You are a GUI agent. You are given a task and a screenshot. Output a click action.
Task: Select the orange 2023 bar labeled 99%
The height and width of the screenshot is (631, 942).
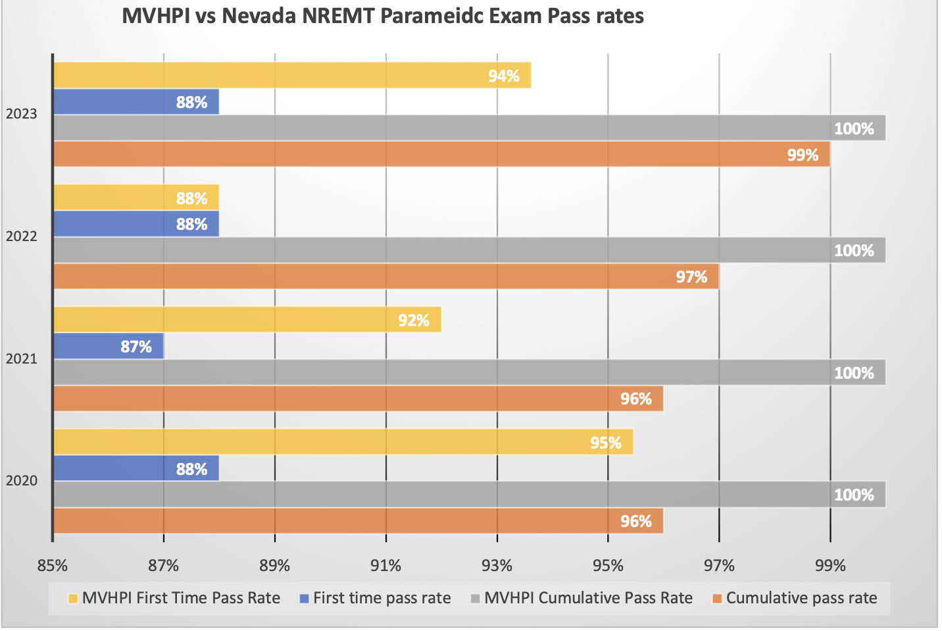(441, 154)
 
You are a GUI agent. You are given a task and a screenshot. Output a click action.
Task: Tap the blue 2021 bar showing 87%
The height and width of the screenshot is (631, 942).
(108, 346)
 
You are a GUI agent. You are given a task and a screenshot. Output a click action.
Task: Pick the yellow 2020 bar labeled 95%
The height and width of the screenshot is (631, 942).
(343, 442)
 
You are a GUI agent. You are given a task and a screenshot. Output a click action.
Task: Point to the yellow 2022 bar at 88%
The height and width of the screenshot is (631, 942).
(136, 198)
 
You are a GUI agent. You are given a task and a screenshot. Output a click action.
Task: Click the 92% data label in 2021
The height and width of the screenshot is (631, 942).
(413, 321)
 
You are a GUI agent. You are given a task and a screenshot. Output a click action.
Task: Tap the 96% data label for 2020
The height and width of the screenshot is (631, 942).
(635, 522)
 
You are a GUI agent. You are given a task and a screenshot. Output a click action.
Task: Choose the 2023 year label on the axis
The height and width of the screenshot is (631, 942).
(22, 114)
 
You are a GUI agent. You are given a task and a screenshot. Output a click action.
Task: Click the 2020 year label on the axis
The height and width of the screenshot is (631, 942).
(22, 481)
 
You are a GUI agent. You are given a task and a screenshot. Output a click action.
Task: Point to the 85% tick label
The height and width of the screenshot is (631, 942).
(53, 565)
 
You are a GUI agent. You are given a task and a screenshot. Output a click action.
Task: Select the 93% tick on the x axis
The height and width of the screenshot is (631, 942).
(497, 565)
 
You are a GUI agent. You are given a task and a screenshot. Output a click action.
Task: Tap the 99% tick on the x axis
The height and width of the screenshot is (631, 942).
(830, 565)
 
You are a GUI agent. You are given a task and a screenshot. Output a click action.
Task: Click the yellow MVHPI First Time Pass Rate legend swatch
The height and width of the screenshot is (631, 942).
(73, 599)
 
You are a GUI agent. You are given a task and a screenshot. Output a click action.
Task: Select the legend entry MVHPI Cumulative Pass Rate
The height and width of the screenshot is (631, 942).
(588, 598)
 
